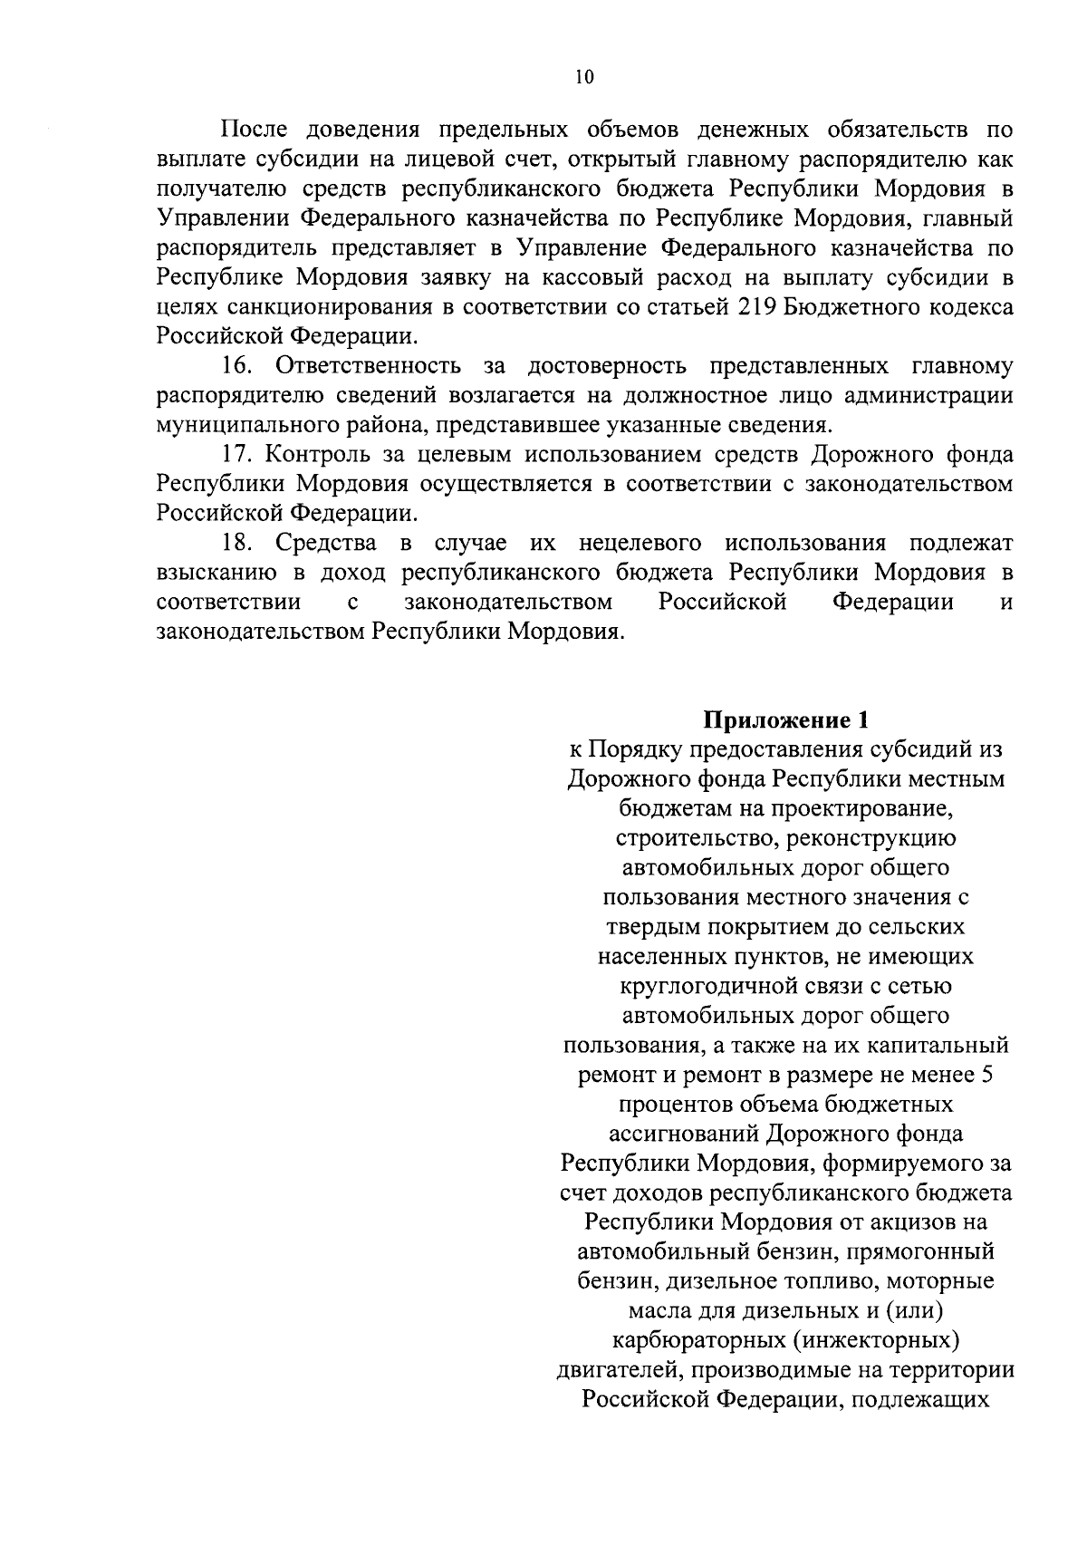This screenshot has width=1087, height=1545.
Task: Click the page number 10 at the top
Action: (x=583, y=77)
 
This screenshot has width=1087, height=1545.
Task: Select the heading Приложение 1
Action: (x=786, y=720)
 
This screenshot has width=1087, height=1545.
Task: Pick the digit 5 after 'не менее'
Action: (x=986, y=1075)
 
